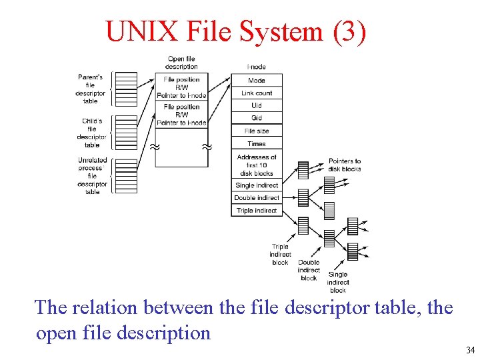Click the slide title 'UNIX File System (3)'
[x=236, y=31]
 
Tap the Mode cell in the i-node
[x=257, y=80]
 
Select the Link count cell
[x=257, y=93]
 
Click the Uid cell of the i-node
[x=257, y=105]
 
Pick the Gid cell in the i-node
[x=257, y=118]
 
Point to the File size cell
[x=257, y=131]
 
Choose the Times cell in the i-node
[x=257, y=143]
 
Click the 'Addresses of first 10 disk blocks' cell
[x=257, y=165]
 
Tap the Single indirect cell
[x=257, y=185]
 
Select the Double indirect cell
[x=257, y=198]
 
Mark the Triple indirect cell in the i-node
[x=257, y=211]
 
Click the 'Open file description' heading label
[x=181, y=63]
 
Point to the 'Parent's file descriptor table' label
[x=90, y=89]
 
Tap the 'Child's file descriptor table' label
[x=91, y=133]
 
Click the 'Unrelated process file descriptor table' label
[x=92, y=176]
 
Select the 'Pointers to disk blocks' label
[x=345, y=165]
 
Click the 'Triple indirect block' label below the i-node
[x=280, y=255]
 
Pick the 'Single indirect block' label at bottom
[x=338, y=282]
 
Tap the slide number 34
[x=470, y=350]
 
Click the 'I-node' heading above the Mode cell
[x=257, y=67]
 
